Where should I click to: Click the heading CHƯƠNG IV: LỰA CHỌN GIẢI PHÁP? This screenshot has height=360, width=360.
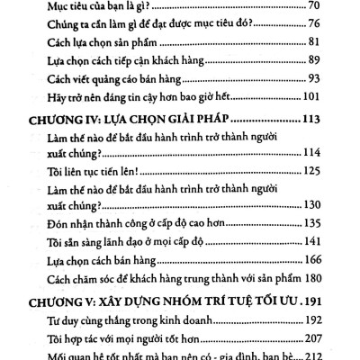tap(117, 122)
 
